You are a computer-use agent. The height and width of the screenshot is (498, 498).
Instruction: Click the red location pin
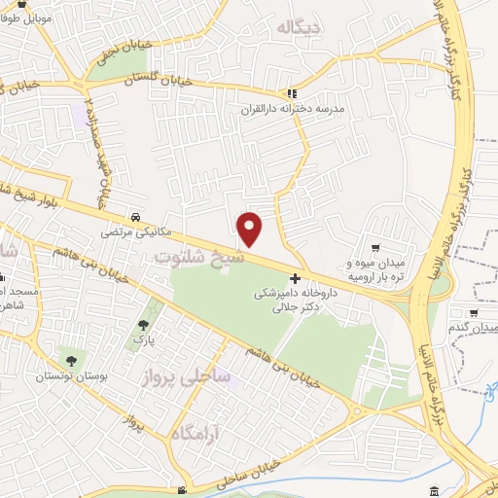coord(250,229)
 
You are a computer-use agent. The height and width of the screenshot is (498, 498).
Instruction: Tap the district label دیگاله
coord(297,28)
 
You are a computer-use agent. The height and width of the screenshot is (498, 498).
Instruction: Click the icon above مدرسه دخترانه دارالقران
coord(293,93)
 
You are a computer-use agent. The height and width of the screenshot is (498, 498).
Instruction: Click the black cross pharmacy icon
coord(296,278)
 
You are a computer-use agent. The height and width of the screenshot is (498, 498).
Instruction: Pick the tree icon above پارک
coord(144,325)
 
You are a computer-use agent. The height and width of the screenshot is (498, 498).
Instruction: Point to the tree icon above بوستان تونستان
coord(67,359)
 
